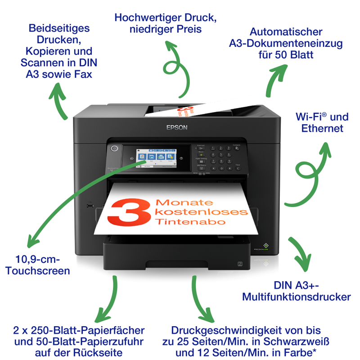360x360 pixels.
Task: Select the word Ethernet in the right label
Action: pyautogui.click(x=322, y=129)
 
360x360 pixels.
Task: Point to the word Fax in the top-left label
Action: pyautogui.click(x=83, y=73)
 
